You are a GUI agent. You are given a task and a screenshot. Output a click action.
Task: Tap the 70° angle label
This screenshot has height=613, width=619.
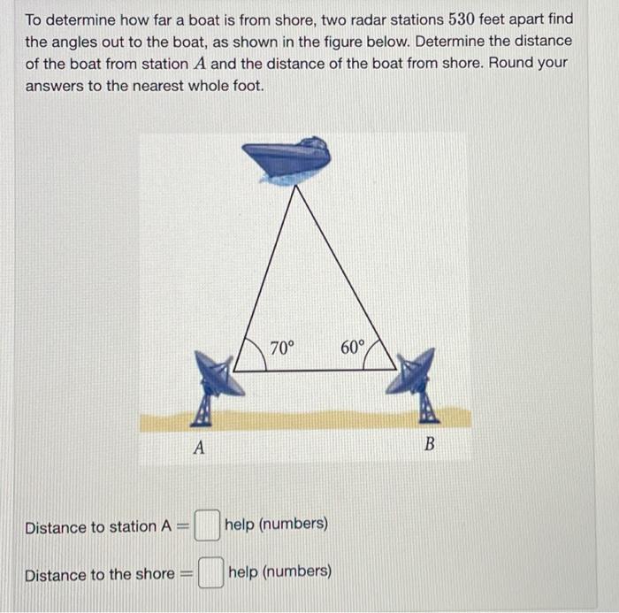[x=281, y=349]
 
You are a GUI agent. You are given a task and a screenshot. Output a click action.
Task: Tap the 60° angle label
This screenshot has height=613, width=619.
[x=351, y=347]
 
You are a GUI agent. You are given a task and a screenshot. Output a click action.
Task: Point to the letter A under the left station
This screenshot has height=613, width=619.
[x=199, y=448]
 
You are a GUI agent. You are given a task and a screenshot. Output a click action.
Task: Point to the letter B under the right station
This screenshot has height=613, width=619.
[x=429, y=444]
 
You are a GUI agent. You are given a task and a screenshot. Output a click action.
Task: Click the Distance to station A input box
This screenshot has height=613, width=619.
[x=206, y=525]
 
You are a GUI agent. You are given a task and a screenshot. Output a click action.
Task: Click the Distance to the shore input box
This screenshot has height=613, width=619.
[x=210, y=573]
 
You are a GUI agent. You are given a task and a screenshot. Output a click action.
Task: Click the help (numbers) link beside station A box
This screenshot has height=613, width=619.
[x=276, y=524]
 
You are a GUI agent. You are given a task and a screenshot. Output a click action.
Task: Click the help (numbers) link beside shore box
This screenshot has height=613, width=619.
[x=280, y=571]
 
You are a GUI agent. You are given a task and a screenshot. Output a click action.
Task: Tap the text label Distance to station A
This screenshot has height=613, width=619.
[x=97, y=527]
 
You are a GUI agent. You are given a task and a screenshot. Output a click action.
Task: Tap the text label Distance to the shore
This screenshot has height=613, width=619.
[x=99, y=575]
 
